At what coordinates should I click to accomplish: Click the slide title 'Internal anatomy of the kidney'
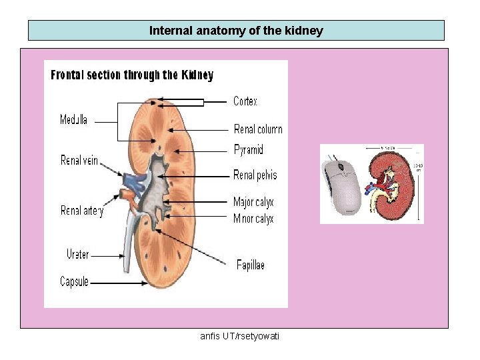tap(236, 31)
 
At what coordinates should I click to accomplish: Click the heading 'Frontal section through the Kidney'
tap(132, 75)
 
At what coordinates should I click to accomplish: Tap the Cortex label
tap(245, 101)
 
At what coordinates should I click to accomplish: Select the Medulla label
tap(73, 120)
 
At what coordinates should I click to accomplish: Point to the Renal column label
tap(258, 129)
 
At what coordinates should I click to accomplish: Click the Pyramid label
tap(249, 150)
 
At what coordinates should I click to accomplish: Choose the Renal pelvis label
tap(255, 175)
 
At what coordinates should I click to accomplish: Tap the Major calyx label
tap(253, 202)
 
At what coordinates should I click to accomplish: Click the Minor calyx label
tap(253, 219)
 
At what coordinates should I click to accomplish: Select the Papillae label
tap(251, 265)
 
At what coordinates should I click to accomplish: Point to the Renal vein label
tap(79, 161)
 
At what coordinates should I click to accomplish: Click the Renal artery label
tap(82, 211)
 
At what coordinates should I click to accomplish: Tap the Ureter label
tap(77, 254)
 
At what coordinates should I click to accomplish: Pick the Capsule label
tap(74, 282)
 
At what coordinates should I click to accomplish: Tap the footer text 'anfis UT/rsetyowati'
tap(240, 336)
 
